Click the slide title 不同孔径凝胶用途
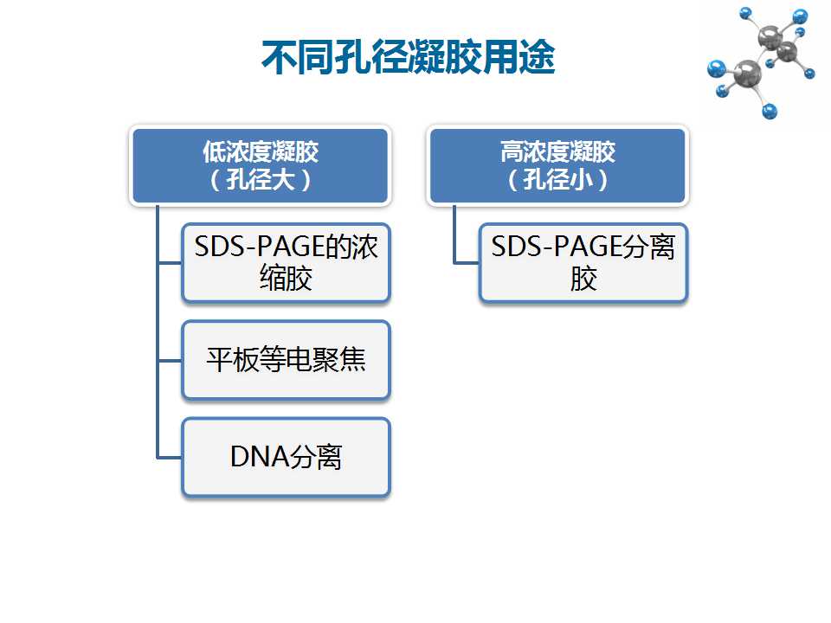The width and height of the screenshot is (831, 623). (408, 57)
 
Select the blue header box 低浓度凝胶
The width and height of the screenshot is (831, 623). (261, 165)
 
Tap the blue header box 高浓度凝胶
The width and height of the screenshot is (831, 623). (557, 165)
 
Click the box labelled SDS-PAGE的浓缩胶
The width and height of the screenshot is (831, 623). (287, 263)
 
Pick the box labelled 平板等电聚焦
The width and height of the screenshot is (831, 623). (287, 360)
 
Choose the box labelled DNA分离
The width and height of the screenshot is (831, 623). (287, 457)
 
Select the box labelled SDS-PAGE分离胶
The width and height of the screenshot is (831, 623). (583, 263)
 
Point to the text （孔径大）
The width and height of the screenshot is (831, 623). (261, 180)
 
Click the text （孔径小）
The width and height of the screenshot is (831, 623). (557, 180)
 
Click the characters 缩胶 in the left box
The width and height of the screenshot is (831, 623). (287, 279)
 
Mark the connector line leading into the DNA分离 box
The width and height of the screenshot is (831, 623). (170, 457)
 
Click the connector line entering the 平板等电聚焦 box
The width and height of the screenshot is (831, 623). (170, 360)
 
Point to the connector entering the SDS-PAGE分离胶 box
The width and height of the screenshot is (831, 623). (467, 262)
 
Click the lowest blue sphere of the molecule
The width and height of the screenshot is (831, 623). (769, 112)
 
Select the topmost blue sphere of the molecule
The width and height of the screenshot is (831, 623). (745, 13)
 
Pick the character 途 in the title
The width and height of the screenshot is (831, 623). (537, 57)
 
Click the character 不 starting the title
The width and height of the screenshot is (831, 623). (280, 57)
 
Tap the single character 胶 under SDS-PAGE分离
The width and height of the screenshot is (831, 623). (583, 279)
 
